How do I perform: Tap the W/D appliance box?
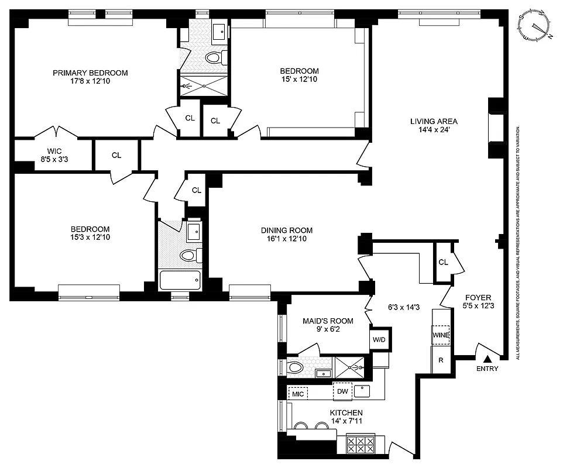click(380, 339)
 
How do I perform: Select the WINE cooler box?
click(440, 335)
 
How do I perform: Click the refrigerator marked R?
click(440, 360)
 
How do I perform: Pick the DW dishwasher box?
click(342, 391)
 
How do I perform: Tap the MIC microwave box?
click(298, 394)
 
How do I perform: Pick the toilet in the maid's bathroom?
click(296, 368)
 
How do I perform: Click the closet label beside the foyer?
click(443, 262)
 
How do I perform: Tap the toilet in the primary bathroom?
click(214, 57)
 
